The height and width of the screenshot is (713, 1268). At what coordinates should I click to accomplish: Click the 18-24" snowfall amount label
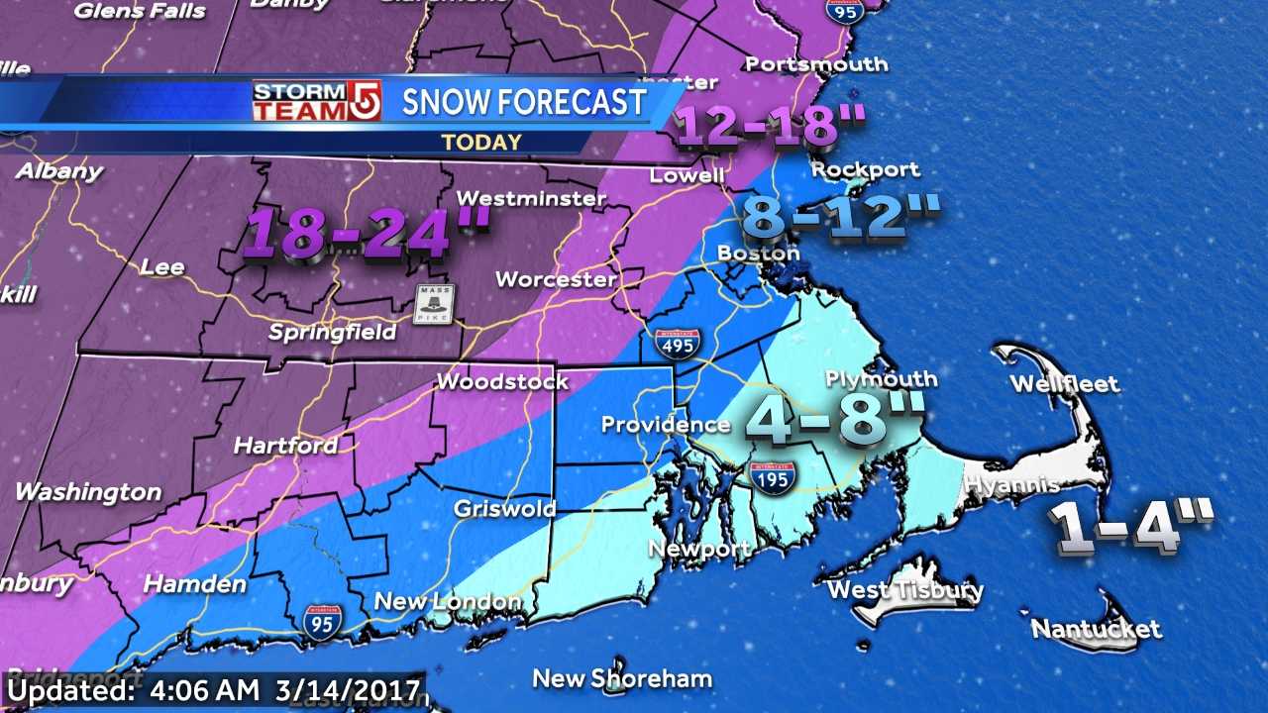point(367,236)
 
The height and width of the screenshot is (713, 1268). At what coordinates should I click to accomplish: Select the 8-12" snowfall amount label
point(838,218)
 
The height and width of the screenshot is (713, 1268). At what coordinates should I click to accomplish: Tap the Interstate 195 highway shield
point(770,477)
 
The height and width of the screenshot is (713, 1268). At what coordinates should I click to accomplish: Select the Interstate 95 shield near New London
point(324,620)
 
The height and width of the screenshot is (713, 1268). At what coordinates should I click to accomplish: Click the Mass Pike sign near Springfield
point(433,303)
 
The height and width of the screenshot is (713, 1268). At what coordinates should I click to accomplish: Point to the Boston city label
point(758,254)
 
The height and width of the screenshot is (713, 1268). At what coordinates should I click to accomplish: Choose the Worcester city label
point(556,279)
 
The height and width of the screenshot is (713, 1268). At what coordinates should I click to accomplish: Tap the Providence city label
point(666,425)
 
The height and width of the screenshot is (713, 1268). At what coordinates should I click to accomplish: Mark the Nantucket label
point(1096,629)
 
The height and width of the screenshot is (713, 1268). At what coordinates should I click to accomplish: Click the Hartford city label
point(285,447)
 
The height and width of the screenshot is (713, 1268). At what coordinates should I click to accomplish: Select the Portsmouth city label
point(816,64)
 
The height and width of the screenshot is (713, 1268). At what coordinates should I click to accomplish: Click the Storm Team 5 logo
point(316,102)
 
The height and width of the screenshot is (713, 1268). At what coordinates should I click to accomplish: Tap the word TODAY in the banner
point(481,142)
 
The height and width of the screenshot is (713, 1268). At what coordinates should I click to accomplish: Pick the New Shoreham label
point(622,678)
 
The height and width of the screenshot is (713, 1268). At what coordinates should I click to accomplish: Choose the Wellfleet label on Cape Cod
point(1064,384)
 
